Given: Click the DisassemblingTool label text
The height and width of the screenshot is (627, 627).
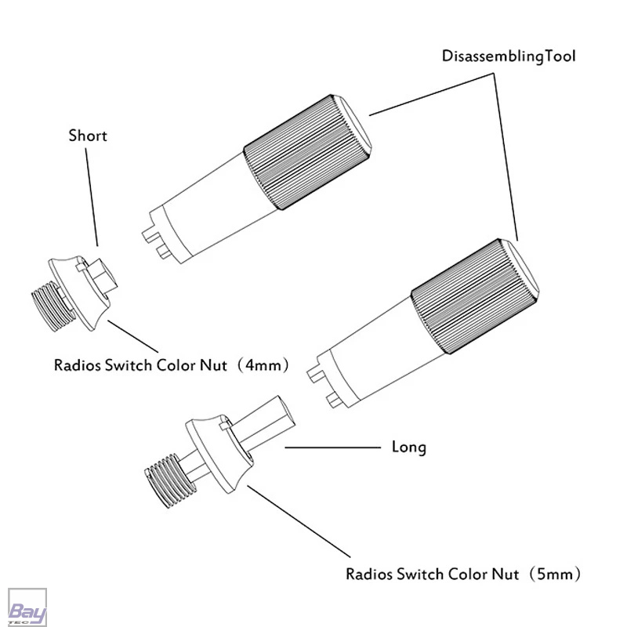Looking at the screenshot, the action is click(509, 56).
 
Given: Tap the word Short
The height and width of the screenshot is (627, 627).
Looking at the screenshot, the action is click(88, 136).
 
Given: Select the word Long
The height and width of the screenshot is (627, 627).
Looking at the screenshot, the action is click(408, 447).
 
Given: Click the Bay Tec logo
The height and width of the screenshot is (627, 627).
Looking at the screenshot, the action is click(27, 607).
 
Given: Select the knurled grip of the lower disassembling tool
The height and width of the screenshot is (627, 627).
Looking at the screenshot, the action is click(475, 296).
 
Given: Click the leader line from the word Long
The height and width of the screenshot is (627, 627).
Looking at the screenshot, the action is click(332, 448).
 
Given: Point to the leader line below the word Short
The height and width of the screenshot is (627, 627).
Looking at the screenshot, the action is click(92, 198).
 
